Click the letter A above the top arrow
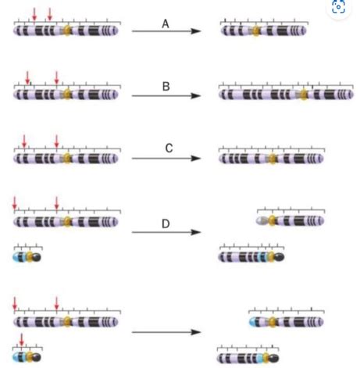tap(166, 24)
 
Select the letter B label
tap(166, 87)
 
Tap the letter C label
tap(169, 148)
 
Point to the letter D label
tap(166, 223)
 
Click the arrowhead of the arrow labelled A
tap(196, 31)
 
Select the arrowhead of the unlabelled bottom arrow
tap(196, 332)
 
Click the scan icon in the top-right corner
tap(338, 7)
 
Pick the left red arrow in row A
tap(34, 14)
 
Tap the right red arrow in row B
tap(57, 77)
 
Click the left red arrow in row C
tap(24, 141)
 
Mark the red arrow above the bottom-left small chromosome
tap(22, 340)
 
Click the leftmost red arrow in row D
tap(15, 203)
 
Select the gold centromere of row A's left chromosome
tap(67, 30)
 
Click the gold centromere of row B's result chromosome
tap(303, 95)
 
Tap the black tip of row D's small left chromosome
tap(36, 257)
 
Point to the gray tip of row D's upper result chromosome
tap(261, 221)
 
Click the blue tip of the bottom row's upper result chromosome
tap(253, 322)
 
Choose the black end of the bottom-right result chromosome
tap(274, 358)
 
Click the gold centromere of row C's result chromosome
tap(272, 159)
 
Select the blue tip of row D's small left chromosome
tap(17, 257)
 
